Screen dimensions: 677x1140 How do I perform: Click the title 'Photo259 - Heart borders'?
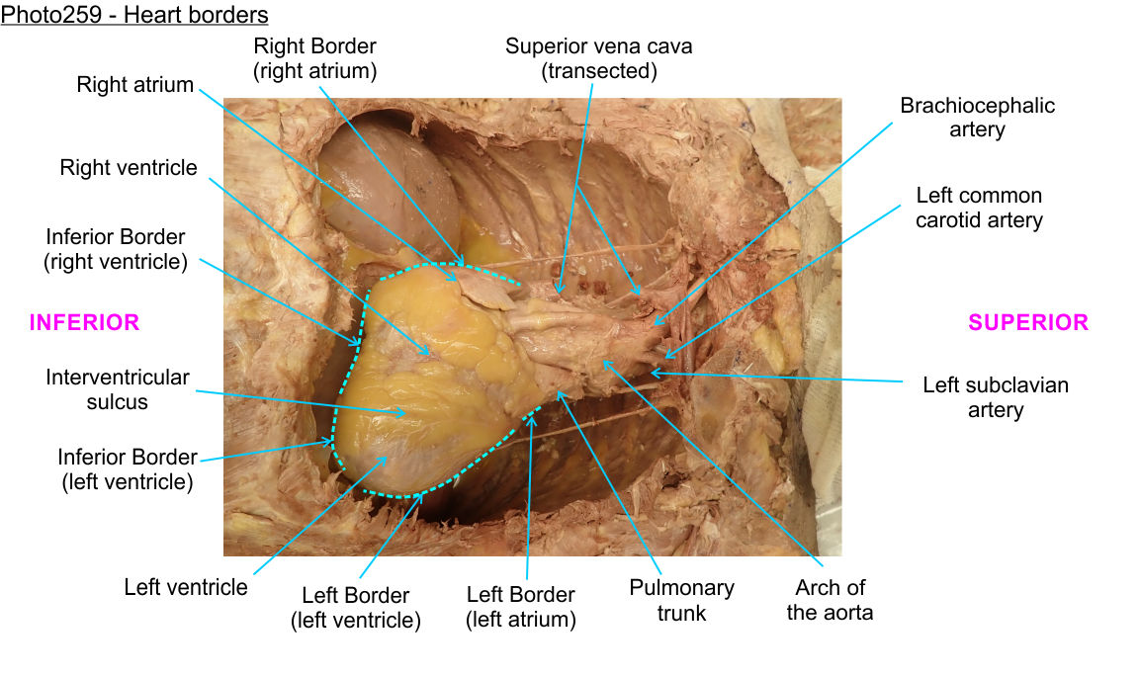(134, 15)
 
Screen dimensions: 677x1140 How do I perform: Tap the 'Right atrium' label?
(135, 85)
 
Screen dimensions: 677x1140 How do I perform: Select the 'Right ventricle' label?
(129, 168)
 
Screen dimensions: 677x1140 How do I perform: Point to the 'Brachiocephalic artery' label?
(977, 117)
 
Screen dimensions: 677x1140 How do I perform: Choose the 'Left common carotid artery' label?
(979, 208)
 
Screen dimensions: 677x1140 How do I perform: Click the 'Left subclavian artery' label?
(995, 396)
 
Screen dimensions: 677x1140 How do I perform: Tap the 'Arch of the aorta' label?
(830, 600)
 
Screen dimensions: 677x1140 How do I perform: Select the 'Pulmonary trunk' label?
(682, 600)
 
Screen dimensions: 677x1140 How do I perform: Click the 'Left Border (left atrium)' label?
(521, 607)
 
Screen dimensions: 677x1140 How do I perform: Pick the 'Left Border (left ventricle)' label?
(356, 608)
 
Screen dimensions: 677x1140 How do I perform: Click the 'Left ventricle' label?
(186, 587)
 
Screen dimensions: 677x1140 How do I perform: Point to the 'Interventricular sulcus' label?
(117, 389)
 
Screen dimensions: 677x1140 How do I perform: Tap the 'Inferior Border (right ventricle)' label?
(116, 250)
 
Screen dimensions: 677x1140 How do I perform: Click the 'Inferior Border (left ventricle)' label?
(128, 469)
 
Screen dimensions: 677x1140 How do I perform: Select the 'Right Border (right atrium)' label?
(314, 58)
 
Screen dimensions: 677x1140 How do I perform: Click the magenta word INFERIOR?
(84, 322)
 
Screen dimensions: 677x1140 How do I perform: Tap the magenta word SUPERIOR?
(1028, 322)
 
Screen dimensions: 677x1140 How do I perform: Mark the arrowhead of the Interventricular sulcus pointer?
(404, 415)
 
